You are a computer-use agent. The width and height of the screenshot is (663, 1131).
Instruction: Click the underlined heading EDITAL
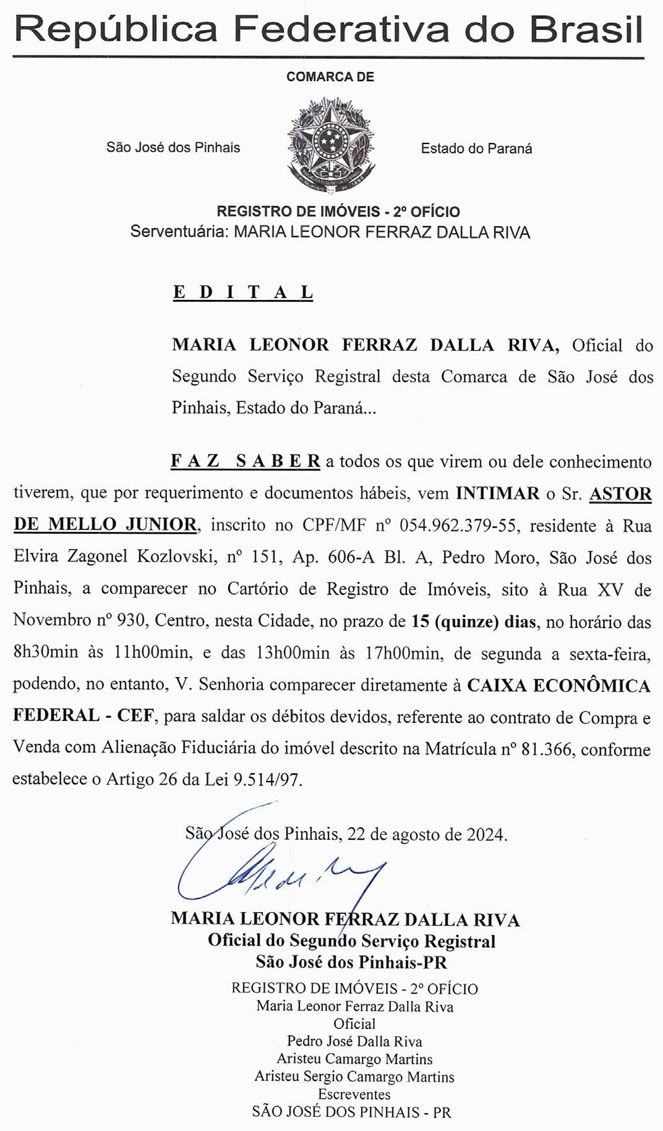click(242, 292)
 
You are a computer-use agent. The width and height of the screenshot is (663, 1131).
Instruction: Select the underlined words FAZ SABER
click(245, 461)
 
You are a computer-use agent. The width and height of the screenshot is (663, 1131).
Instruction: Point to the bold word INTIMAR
click(498, 493)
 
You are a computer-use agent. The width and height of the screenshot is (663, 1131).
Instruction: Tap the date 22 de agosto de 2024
click(427, 834)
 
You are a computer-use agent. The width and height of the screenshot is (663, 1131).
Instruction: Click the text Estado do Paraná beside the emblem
click(476, 148)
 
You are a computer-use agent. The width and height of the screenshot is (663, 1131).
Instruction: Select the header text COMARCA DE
click(330, 77)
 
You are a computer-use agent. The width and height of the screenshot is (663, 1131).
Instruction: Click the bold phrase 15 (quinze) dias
click(474, 621)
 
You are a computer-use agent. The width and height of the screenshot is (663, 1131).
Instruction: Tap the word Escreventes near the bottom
click(354, 1095)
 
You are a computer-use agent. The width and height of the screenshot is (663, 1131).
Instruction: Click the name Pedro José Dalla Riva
click(354, 1041)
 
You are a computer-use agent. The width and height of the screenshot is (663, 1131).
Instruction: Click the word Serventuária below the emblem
click(179, 233)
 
